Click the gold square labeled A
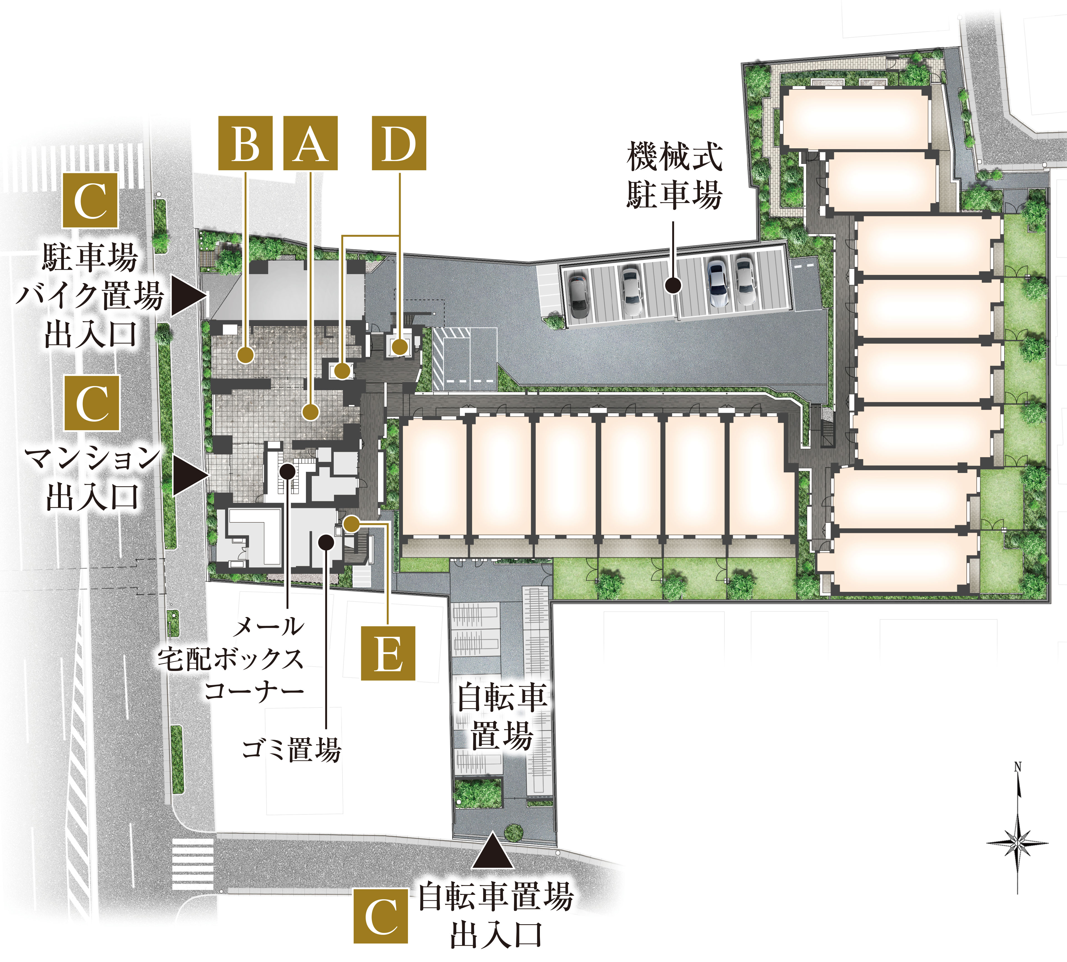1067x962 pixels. (310, 143)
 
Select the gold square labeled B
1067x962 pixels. (245, 143)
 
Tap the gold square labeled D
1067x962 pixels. (399, 143)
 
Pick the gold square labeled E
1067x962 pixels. (388, 653)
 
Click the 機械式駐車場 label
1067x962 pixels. (674, 176)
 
